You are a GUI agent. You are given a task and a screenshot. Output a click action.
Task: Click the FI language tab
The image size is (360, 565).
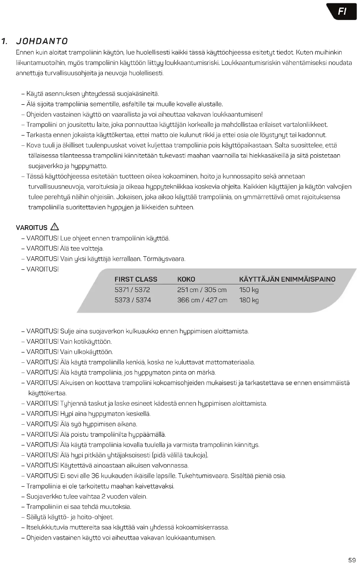click(342, 12)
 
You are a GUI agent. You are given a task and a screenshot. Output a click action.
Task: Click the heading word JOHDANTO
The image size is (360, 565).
click(42, 42)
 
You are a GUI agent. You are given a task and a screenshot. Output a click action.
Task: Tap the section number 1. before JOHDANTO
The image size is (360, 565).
click(5, 42)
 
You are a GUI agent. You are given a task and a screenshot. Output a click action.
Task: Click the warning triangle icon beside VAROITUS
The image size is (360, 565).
click(54, 227)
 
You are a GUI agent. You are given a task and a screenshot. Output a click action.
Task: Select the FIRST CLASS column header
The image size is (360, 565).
click(136, 279)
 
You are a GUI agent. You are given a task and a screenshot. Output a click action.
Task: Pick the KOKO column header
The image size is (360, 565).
click(186, 279)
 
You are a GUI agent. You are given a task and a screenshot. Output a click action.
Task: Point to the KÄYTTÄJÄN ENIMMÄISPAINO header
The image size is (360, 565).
click(287, 279)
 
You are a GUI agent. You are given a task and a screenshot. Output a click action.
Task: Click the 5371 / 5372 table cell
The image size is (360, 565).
click(132, 290)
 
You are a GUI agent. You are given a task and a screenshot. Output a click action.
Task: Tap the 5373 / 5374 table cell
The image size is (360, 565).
click(133, 300)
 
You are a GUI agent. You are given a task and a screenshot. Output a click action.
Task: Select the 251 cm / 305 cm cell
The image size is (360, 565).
click(202, 290)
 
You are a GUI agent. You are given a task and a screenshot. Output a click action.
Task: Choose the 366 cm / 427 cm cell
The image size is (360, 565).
click(202, 300)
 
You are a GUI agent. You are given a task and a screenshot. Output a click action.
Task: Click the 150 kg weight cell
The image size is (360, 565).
click(249, 290)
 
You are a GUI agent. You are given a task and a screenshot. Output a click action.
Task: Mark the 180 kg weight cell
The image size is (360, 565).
click(249, 300)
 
